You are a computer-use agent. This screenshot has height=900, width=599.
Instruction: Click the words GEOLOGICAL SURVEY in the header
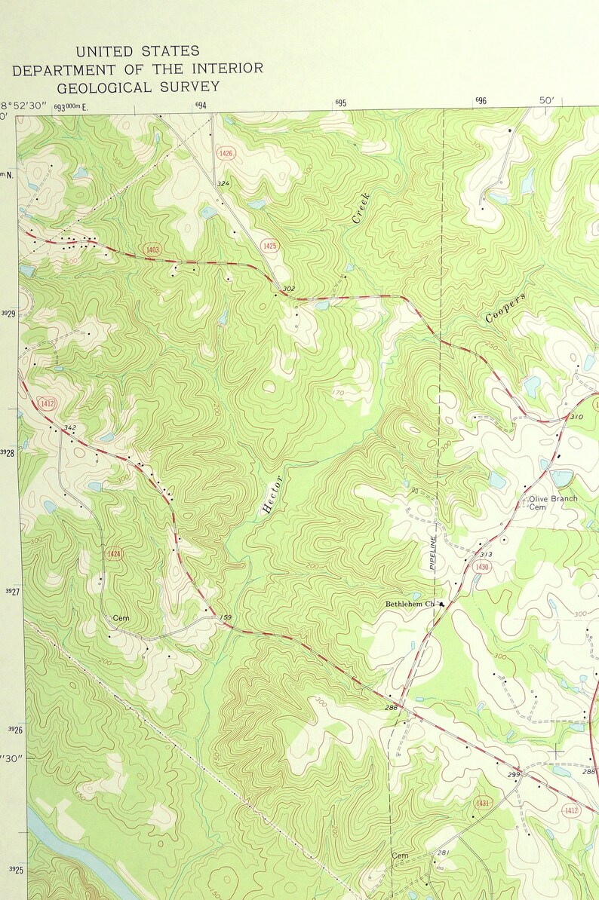(138, 87)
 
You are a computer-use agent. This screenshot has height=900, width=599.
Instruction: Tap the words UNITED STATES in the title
(138, 51)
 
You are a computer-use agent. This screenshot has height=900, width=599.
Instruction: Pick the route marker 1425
(269, 246)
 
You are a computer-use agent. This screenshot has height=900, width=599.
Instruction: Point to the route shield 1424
(113, 554)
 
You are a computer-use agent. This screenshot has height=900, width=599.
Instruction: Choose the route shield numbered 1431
(483, 804)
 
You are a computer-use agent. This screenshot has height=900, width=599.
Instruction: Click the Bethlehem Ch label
(411, 604)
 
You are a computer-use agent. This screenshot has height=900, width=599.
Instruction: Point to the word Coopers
(505, 308)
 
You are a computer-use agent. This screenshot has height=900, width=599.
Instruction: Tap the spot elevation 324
(223, 184)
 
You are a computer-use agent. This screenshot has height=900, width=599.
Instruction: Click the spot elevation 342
(70, 428)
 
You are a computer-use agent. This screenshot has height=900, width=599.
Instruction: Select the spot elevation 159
(225, 619)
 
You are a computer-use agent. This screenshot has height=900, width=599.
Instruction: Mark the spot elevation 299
(514, 775)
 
